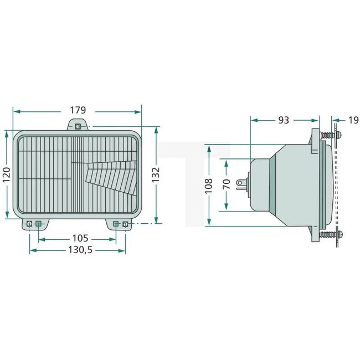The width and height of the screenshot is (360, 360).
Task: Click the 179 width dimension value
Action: coord(78,110)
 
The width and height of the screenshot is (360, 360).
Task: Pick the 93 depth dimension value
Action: coord(284,120)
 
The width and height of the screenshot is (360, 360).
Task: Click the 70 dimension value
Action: coord(226,184)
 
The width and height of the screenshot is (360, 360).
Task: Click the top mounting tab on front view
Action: coord(78,126)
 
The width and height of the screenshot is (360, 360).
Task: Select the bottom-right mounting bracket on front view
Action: coord(121,224)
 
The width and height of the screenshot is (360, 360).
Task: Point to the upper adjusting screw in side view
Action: coord(330,135)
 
